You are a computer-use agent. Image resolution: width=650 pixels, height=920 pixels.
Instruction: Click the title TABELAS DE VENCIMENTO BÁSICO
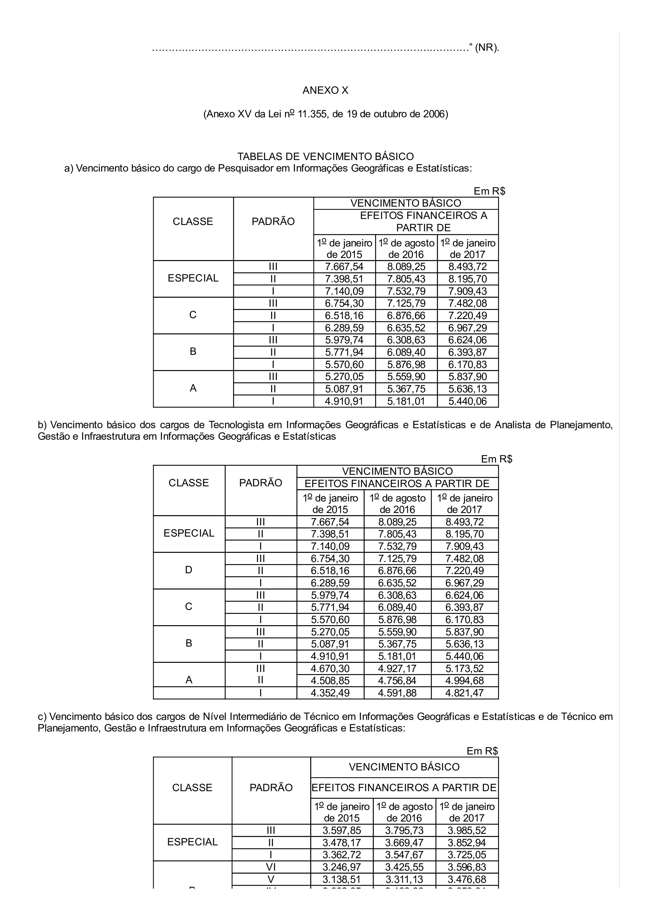tap(325, 156)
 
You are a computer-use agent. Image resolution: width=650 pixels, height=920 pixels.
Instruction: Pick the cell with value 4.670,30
tap(330, 668)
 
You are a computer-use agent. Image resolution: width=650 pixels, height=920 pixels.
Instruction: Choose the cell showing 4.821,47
tap(465, 693)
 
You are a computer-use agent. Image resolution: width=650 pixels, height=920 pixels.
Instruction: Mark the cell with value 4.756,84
tap(397, 680)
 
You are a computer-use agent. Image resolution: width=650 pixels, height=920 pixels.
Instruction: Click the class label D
tap(189, 570)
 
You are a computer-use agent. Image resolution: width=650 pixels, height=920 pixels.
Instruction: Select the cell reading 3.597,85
tap(342, 830)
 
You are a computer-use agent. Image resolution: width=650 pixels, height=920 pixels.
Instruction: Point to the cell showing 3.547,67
tap(404, 855)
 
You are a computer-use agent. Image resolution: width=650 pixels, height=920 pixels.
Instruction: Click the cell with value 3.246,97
tap(342, 867)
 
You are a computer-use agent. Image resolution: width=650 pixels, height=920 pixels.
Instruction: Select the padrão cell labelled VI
tap(271, 867)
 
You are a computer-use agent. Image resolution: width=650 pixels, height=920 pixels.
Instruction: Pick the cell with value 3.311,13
tap(404, 879)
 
